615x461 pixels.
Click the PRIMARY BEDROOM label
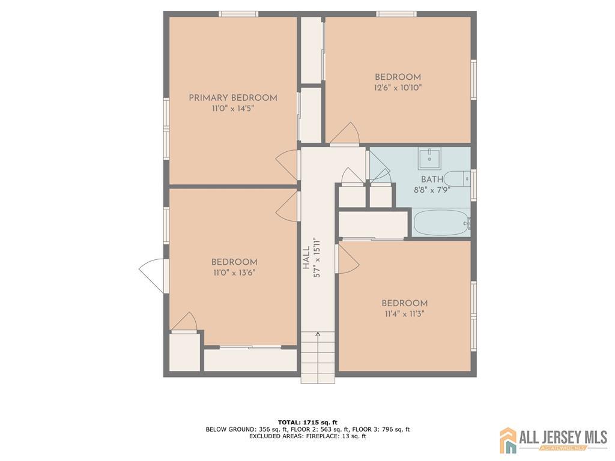point(233,98)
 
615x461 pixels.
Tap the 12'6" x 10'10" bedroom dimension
point(398,88)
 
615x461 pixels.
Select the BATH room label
point(432,179)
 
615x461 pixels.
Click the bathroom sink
point(429,158)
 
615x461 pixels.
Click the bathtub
point(442,223)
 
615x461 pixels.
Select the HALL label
point(306,258)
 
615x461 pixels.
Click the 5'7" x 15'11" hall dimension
point(317,258)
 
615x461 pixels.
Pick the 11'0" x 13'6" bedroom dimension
point(235,273)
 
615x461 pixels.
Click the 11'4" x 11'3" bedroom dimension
point(404,313)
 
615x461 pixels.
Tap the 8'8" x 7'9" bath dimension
point(432,190)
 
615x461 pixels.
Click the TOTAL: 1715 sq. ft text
point(307,422)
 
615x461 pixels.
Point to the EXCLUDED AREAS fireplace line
point(307,436)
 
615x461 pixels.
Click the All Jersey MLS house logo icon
point(508,440)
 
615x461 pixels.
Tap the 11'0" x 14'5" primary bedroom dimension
point(233,109)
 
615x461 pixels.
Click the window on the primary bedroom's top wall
point(238,14)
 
